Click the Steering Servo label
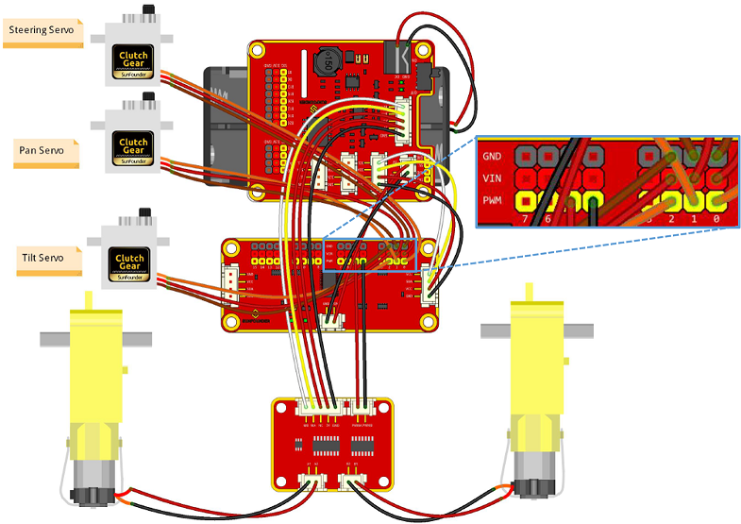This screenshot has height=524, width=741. [x=42, y=30]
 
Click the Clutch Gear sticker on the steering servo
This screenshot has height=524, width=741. [x=134, y=62]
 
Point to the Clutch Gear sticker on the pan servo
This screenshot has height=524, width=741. [x=134, y=145]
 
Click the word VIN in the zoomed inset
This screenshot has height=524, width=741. [x=492, y=177]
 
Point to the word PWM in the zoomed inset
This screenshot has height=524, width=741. [x=493, y=199]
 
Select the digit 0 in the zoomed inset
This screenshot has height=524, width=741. [x=716, y=219]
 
